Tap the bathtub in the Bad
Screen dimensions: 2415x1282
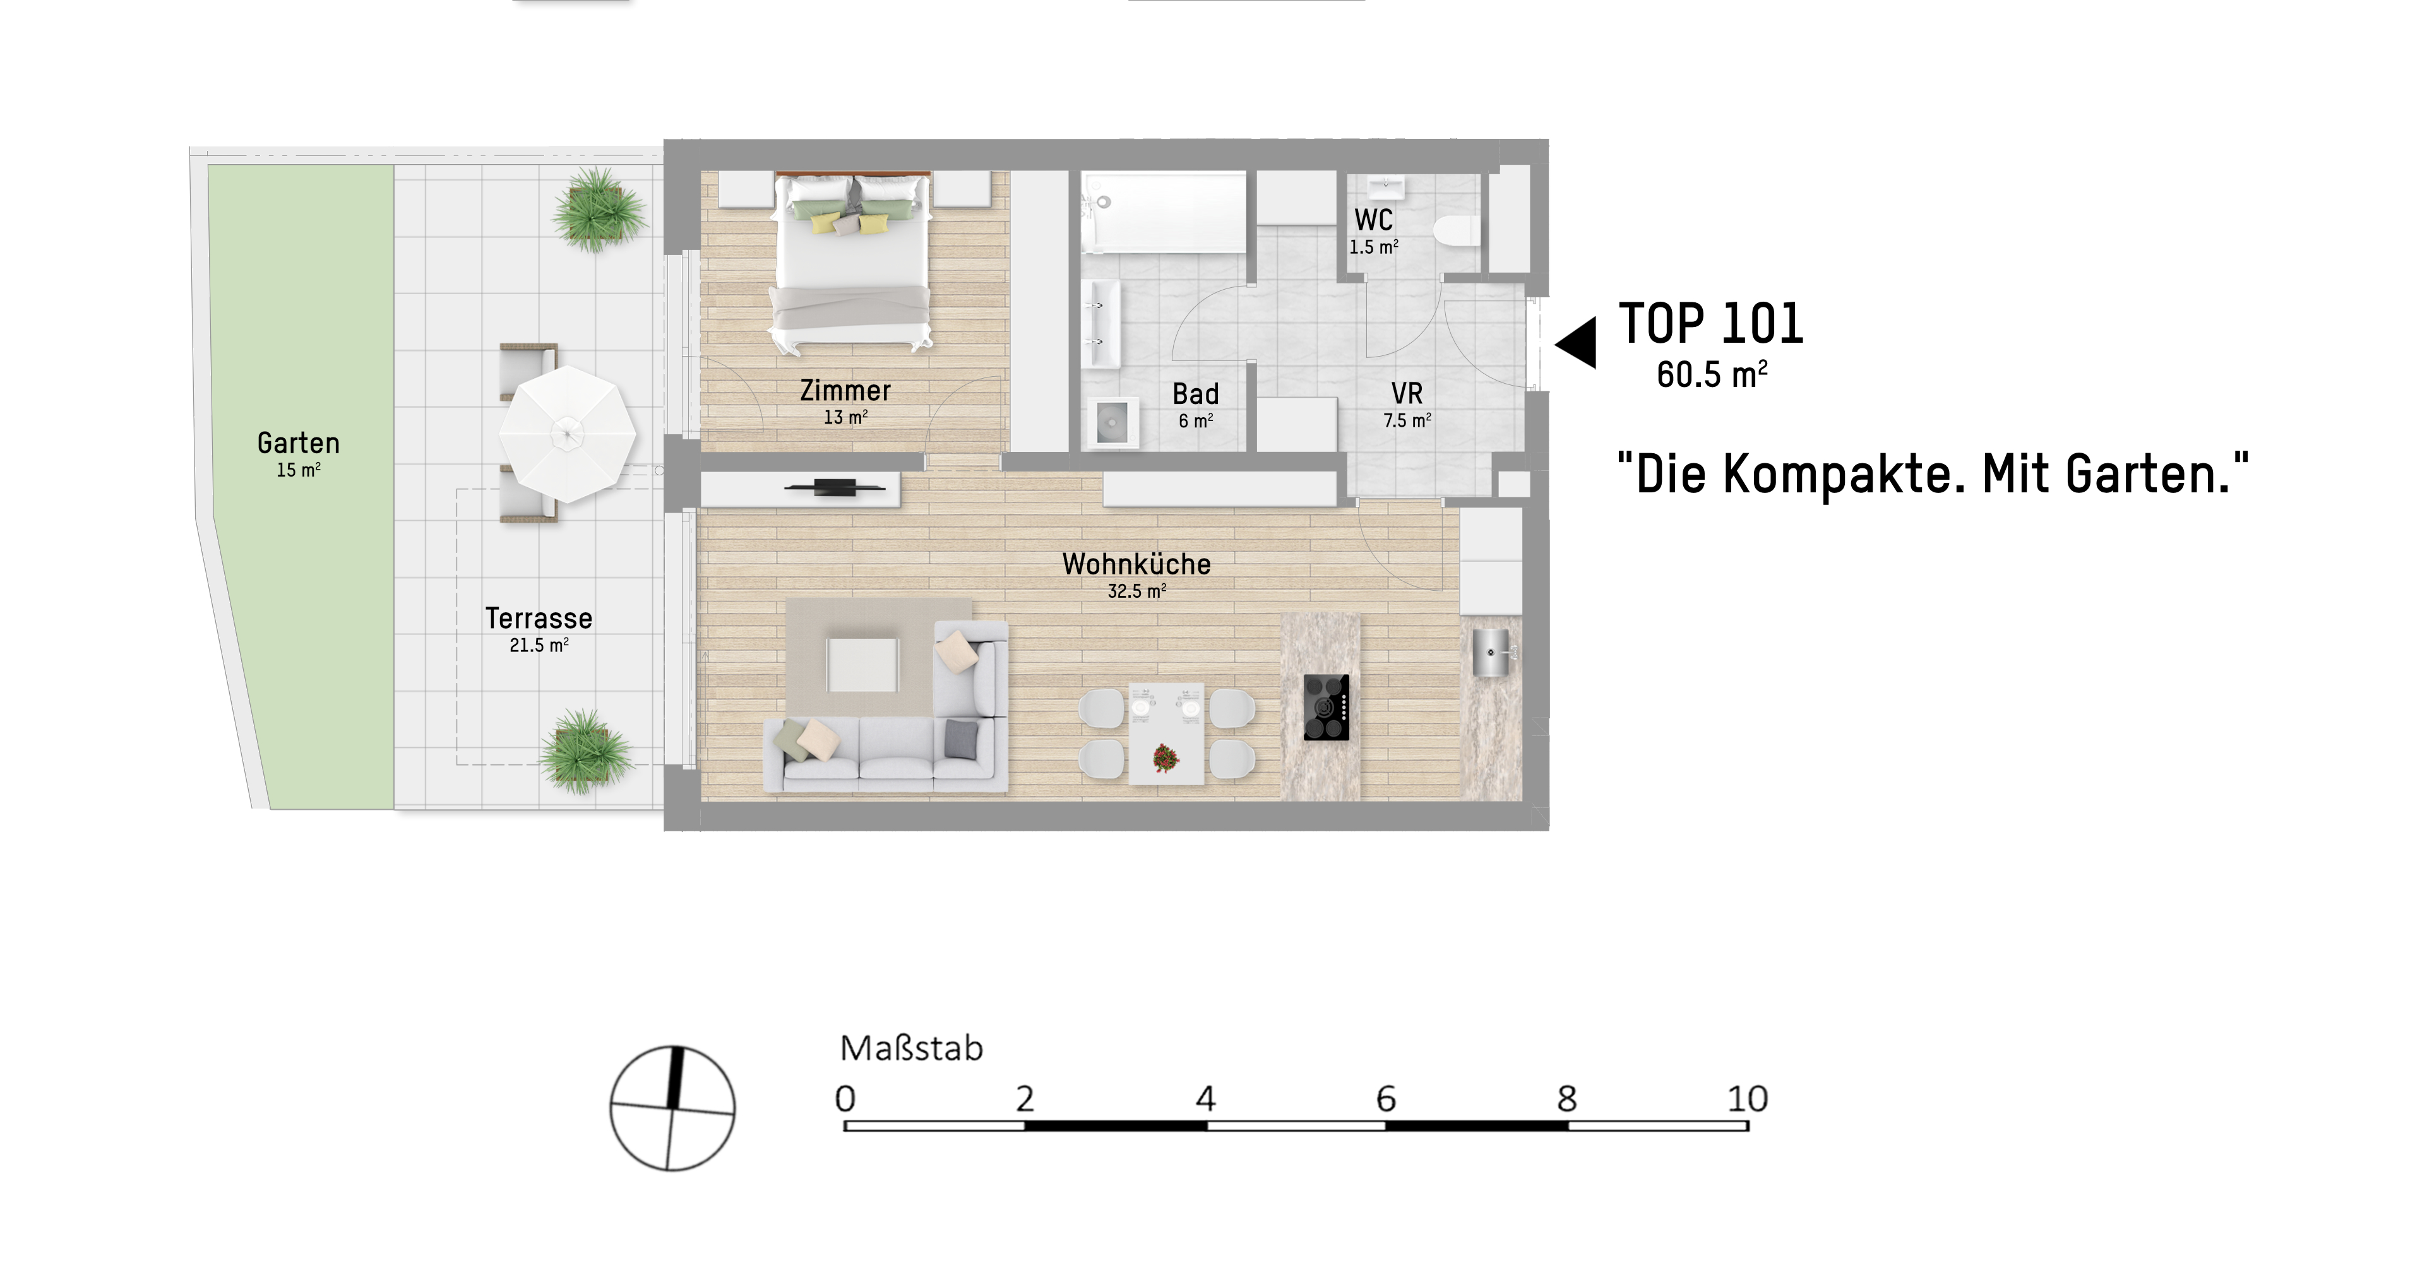pyautogui.click(x=1164, y=213)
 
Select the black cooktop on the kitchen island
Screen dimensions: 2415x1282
pyautogui.click(x=1327, y=708)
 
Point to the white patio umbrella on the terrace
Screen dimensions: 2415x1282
pyautogui.click(x=567, y=433)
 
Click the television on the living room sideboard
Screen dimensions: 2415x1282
pyautogui.click(x=835, y=487)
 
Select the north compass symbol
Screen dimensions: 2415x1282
pyautogui.click(x=672, y=1108)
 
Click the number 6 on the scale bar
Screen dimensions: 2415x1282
pyautogui.click(x=1386, y=1098)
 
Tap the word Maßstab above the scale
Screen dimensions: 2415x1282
pyautogui.click(x=911, y=1048)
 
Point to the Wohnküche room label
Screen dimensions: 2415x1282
pyautogui.click(x=1136, y=564)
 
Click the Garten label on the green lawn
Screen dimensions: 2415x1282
pyautogui.click(x=298, y=443)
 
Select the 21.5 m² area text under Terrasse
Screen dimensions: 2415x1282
pyautogui.click(x=539, y=644)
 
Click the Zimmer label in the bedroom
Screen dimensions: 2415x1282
pyautogui.click(x=845, y=391)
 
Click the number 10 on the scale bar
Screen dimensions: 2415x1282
pyautogui.click(x=1748, y=1098)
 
